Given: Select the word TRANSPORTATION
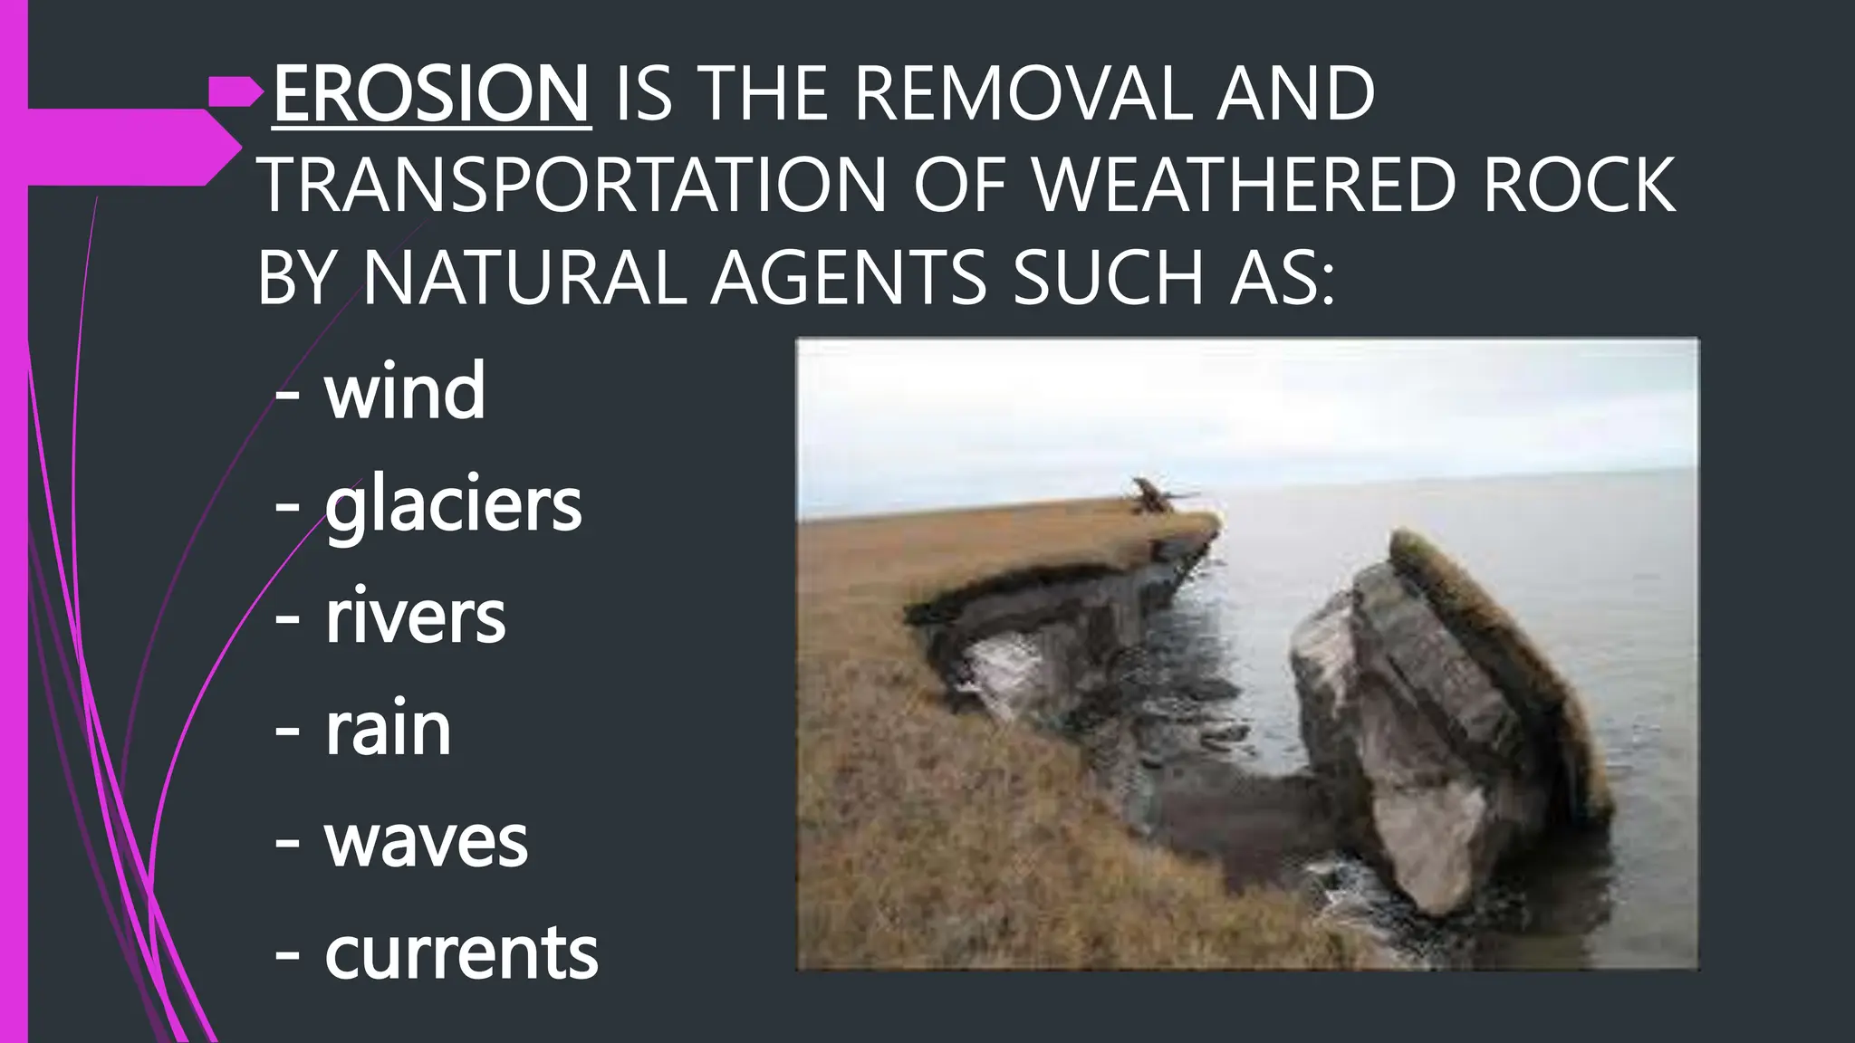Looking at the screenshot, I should (572, 186).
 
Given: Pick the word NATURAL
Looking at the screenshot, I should (524, 278).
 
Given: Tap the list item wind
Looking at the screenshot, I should (405, 391).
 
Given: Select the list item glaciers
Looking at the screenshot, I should (453, 504).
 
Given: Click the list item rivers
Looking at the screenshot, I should (415, 617).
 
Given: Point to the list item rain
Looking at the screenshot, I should (388, 730).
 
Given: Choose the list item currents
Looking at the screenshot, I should (461, 953).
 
